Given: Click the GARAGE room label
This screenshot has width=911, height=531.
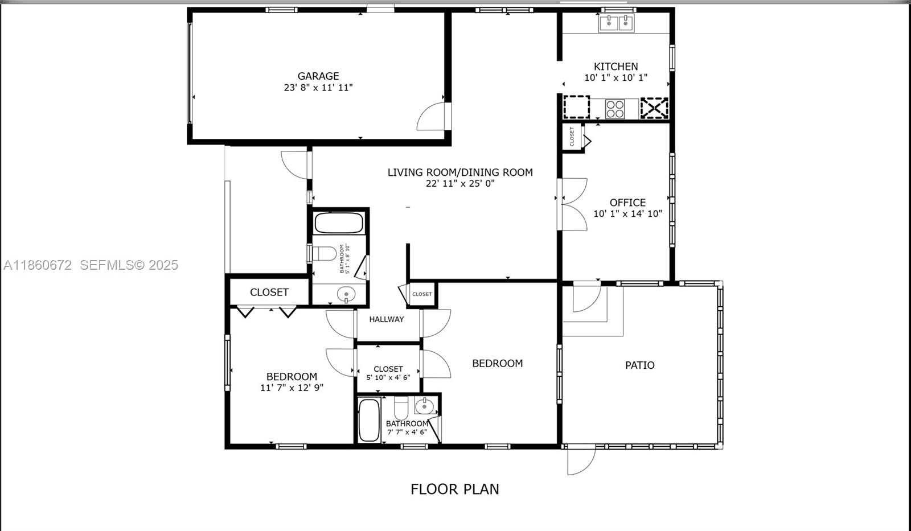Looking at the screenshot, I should [318, 76].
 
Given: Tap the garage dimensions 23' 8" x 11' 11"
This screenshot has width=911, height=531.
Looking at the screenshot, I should [318, 88].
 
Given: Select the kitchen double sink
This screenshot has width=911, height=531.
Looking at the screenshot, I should [616, 23].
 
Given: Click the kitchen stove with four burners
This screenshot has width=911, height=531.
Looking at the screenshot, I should [615, 108].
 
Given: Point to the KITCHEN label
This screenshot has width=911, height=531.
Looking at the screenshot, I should [615, 66].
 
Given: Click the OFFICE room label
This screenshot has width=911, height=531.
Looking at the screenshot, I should [627, 202].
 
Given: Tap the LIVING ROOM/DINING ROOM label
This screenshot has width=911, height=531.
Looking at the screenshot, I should [460, 172].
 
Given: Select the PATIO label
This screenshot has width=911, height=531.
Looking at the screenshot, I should [639, 365].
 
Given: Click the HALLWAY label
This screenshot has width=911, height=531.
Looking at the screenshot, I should [386, 319].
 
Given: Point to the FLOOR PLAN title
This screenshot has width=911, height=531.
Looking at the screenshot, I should [454, 489].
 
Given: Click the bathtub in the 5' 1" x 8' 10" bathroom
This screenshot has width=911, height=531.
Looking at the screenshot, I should [339, 223].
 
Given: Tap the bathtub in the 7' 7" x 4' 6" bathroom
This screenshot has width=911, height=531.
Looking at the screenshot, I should [369, 420].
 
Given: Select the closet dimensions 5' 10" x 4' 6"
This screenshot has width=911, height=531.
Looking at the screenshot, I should [388, 377].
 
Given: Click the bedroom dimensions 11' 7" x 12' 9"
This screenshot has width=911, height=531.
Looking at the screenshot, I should [292, 388].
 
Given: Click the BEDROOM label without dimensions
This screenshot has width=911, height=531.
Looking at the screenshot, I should [497, 363].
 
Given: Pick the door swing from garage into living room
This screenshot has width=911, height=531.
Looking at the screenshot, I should [433, 117].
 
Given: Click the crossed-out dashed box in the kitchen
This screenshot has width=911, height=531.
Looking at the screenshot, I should [654, 108].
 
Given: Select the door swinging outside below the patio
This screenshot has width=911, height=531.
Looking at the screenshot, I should [581, 460].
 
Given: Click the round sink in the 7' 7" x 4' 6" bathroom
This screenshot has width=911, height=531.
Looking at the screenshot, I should [424, 406].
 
